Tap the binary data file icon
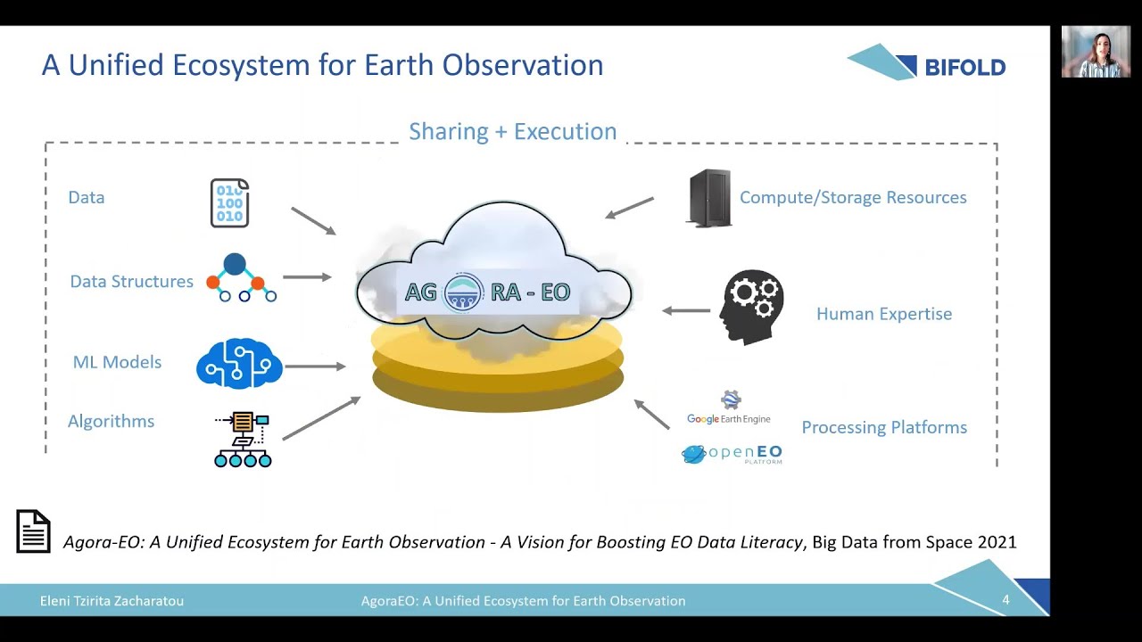[x=229, y=203]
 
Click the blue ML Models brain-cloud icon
[x=239, y=363]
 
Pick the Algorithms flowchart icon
[x=243, y=439]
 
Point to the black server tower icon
[x=709, y=198]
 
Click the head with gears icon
[x=752, y=307]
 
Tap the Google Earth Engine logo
[x=729, y=409]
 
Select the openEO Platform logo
[x=732, y=454]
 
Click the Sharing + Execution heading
[x=512, y=131]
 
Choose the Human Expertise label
[x=883, y=314]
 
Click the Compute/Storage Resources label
[x=852, y=198]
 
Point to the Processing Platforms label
[x=883, y=427]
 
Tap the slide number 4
[x=1005, y=600]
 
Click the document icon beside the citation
[x=34, y=531]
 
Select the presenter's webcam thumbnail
[x=1096, y=52]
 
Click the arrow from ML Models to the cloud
[x=314, y=366]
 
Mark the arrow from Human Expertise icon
[x=686, y=311]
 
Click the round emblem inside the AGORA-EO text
[x=464, y=292]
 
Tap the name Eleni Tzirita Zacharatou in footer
[x=112, y=601]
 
